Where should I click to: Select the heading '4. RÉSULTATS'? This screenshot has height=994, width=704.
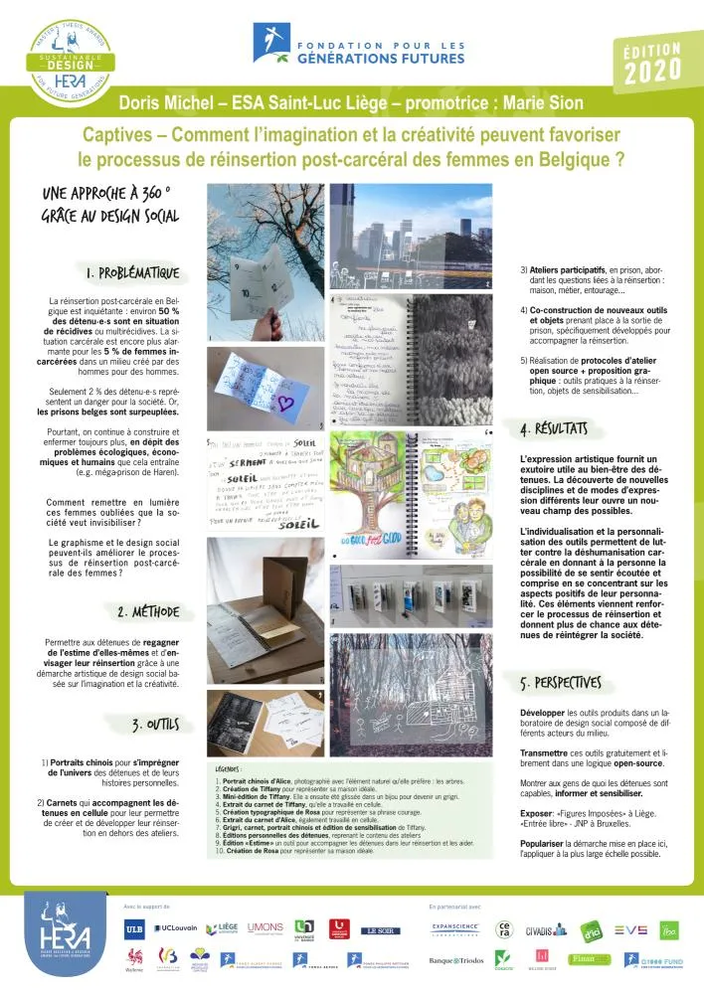coord(554,429)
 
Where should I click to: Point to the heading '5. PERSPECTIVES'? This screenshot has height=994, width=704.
coord(561,683)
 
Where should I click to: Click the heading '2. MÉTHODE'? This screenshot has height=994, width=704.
coord(149,611)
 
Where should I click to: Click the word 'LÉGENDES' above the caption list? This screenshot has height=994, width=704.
coord(234,768)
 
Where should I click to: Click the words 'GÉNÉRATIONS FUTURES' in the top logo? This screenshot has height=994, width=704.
coord(382,59)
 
